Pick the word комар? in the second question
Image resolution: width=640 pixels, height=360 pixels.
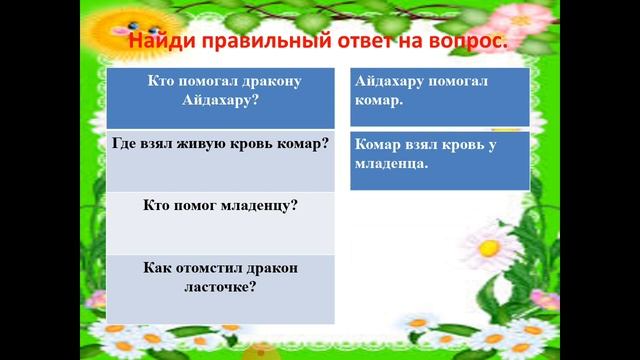click(x=304, y=143)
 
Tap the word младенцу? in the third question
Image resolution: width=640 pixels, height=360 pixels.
click(x=254, y=205)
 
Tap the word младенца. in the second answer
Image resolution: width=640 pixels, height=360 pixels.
click(x=392, y=163)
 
